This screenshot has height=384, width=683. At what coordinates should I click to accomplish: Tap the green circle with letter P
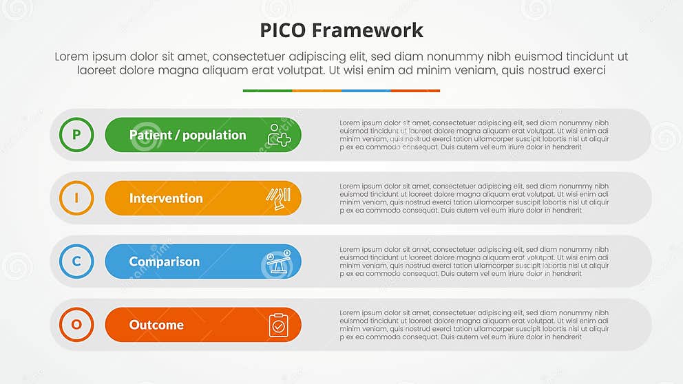(76, 135)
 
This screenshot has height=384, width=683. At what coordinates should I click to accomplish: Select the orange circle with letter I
(76, 198)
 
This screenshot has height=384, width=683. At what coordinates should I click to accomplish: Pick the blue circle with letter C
(76, 262)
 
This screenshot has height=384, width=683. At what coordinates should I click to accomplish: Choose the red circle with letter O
(76, 325)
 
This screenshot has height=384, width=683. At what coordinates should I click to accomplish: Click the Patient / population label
(187, 135)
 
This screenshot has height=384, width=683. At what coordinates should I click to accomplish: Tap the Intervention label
(166, 198)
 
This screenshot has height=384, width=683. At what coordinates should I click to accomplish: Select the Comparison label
(165, 262)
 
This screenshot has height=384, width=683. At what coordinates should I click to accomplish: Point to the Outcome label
(156, 325)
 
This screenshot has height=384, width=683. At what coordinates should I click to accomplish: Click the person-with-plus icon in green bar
(279, 135)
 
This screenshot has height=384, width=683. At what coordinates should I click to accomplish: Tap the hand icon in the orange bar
(278, 198)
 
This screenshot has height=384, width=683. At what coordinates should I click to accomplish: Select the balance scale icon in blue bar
(278, 262)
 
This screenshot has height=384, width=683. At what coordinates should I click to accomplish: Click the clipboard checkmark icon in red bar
(278, 325)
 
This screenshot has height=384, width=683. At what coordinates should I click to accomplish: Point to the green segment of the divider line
(267, 91)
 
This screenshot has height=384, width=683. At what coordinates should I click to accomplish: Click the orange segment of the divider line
(317, 91)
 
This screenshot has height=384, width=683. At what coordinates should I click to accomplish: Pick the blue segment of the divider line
(366, 91)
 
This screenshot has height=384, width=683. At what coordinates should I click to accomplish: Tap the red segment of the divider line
(415, 91)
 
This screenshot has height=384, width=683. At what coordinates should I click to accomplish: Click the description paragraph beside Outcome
(474, 325)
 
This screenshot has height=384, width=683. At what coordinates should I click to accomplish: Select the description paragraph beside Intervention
(474, 198)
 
